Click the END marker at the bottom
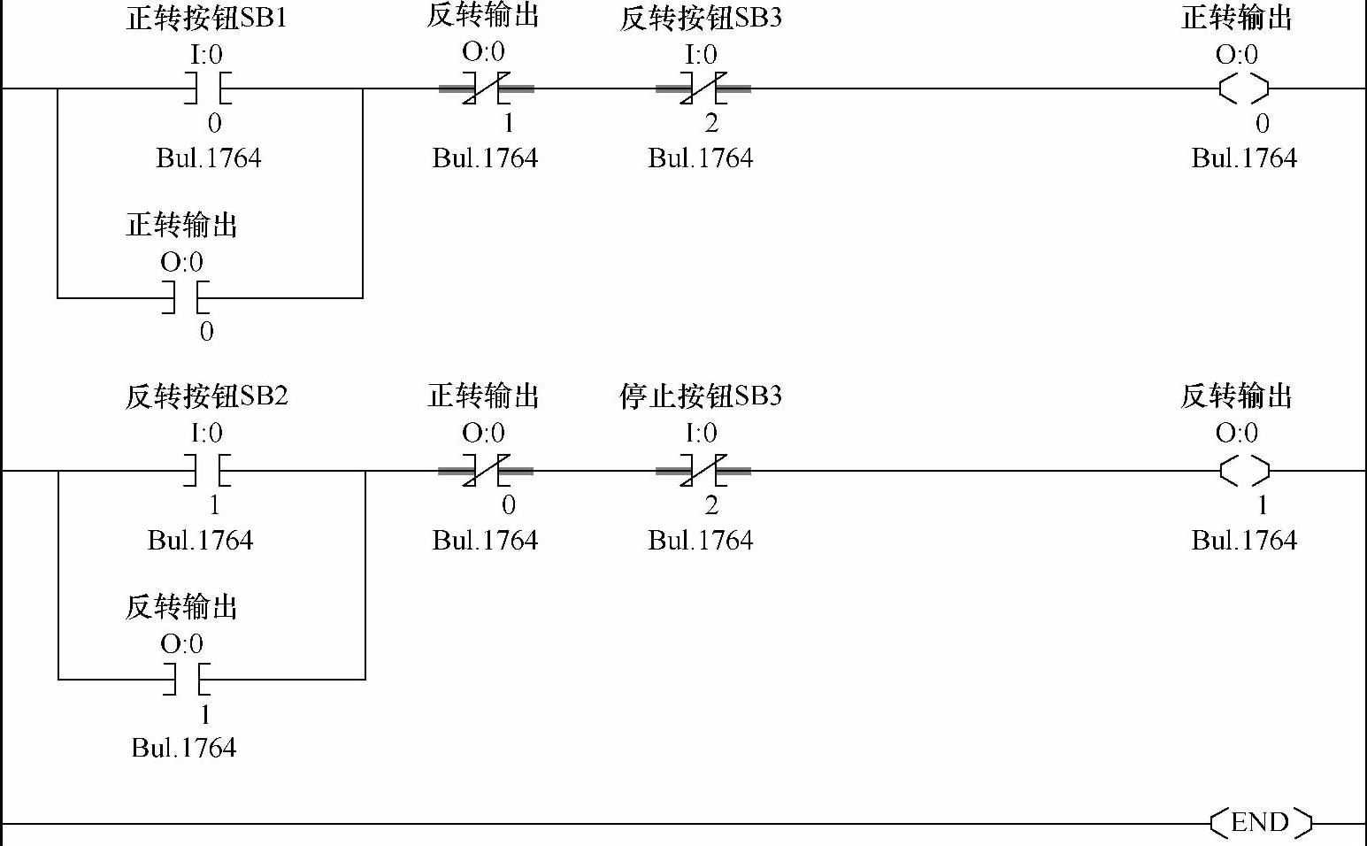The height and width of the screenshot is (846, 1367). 1260,822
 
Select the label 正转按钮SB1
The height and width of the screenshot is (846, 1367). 207,19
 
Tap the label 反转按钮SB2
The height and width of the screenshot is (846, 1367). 207,396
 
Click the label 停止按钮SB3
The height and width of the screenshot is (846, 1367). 701,396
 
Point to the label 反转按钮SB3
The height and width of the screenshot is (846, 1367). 701,19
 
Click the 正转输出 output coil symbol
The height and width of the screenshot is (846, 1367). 1244,88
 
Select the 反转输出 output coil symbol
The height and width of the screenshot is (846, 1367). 1244,471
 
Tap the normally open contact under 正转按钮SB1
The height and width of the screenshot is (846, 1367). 207,88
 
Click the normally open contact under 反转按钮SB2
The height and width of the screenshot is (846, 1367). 207,471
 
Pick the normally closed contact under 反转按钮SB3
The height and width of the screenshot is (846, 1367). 703,88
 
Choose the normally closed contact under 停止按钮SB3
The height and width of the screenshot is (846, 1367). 703,471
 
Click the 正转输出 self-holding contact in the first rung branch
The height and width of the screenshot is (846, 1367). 186,297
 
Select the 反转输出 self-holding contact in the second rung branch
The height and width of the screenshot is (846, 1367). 186,680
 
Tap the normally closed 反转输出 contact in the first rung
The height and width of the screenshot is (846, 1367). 486,88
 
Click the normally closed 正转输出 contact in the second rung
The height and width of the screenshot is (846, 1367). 486,471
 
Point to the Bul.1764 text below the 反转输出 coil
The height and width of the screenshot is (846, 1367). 1244,541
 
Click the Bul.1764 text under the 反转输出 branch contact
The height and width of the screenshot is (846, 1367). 184,748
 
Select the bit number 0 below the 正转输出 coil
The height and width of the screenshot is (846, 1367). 1263,124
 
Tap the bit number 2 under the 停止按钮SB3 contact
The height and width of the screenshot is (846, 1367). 711,505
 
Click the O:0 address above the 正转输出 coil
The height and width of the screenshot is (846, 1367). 1237,55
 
